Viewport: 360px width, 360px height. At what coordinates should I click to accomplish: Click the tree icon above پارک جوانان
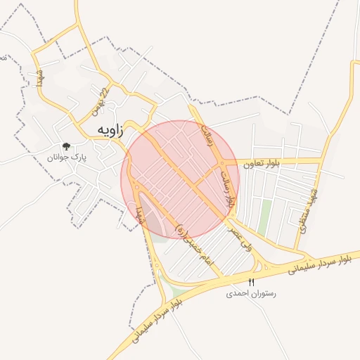click(x=66, y=146)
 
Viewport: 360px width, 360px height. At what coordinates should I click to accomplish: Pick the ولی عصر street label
click(x=240, y=239)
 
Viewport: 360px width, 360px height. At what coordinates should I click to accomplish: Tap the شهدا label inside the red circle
click(x=141, y=212)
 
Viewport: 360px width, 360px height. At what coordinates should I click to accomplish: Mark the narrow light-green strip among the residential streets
click(x=264, y=218)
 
